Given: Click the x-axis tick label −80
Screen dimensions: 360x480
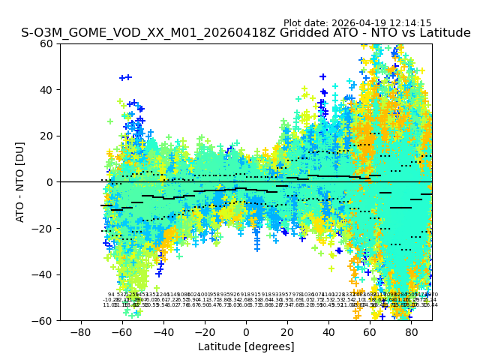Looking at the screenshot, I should [80, 331].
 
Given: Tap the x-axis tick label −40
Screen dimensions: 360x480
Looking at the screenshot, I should [163, 331].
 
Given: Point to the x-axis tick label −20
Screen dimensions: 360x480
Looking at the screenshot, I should [204, 331].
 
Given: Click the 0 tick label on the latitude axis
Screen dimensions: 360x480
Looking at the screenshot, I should [246, 331].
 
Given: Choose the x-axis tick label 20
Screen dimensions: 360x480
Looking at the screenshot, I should [287, 331].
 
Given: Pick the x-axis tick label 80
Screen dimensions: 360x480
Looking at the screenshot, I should [411, 331].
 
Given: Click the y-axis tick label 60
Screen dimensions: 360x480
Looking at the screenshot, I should [47, 43].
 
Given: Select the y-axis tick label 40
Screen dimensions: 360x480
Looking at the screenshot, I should [47, 90].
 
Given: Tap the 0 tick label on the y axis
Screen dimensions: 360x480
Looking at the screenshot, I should [50, 182].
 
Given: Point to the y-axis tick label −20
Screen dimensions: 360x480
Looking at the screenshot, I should [44, 229].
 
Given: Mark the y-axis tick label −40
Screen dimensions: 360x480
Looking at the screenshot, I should [44, 274].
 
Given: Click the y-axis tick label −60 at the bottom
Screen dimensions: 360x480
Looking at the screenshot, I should [44, 321].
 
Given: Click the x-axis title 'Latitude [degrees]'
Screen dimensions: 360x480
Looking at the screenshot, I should [246, 346].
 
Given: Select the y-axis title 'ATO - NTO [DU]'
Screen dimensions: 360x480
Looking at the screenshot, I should [20, 182].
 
